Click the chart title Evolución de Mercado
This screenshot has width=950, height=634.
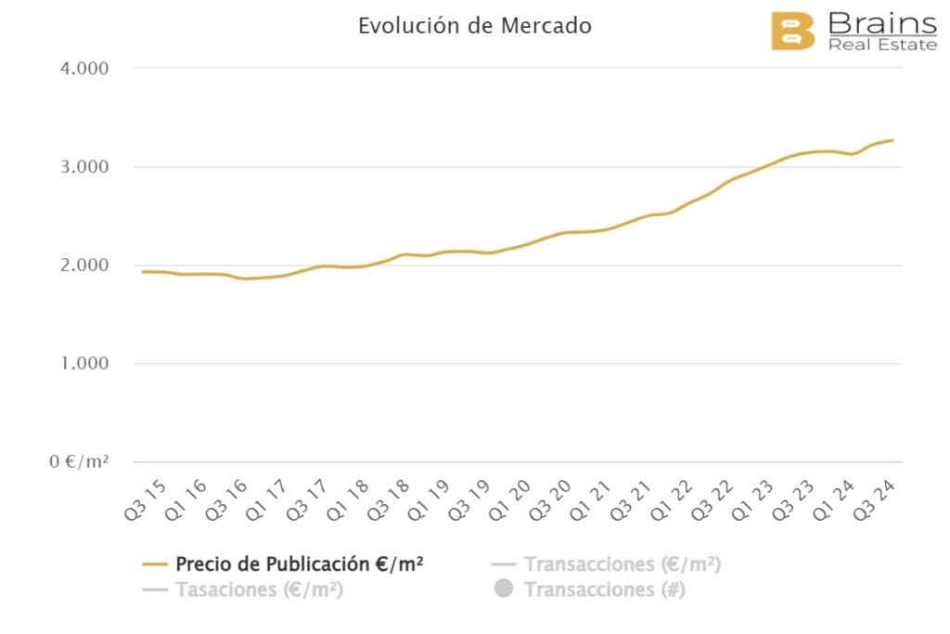[474, 26]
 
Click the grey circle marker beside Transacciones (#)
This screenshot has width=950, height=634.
[504, 589]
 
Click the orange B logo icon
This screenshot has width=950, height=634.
[792, 32]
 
